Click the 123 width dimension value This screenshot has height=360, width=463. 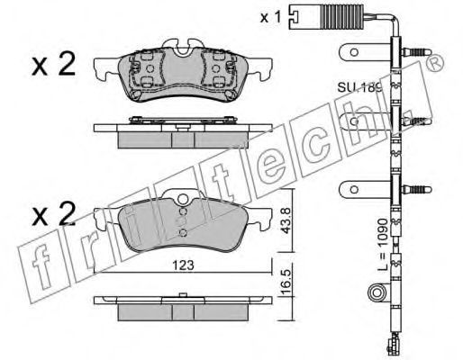(184, 265)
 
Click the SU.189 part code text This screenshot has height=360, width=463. (359, 87)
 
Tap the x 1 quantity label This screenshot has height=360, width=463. (270, 17)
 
